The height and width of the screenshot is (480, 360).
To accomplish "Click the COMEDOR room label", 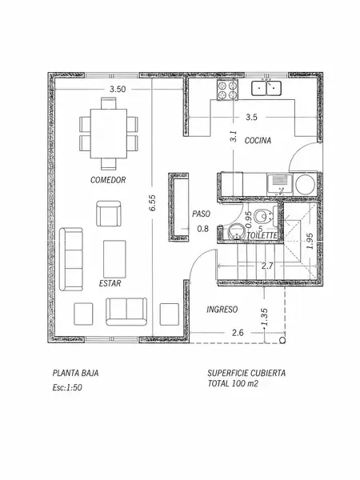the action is coord(108,180).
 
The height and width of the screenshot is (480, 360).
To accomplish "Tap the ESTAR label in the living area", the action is coord(110,283).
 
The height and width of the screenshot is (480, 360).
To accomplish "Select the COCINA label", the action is coord(258,141).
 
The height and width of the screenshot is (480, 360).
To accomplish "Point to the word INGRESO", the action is coord(222,310).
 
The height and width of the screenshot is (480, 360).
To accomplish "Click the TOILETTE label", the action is coord(262,236).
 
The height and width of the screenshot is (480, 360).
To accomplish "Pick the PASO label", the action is coord(201,214).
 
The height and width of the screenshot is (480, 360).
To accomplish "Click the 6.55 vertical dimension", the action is coord(153,202).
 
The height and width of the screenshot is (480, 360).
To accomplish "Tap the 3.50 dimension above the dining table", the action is coord(118,89).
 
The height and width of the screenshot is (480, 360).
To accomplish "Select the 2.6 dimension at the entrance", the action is coord(238,333).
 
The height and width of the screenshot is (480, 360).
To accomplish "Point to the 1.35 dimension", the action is coord(265,317).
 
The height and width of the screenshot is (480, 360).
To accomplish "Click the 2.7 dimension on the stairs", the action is coord(267,266).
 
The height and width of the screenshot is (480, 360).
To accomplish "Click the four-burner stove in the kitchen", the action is coord(227,90).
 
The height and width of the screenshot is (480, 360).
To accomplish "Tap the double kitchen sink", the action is coord(266,88).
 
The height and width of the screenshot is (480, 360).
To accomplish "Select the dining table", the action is coord(109,134).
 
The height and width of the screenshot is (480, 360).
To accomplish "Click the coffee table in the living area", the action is coord(114,258).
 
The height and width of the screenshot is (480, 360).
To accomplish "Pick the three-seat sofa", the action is coord(71,259).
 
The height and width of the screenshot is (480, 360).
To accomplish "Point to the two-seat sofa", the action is coord(126,311).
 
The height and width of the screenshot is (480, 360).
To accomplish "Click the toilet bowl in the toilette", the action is coord(262,217).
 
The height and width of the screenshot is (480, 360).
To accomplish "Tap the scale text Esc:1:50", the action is coord(67,387).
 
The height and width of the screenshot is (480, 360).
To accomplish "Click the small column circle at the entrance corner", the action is coord(283,340).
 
